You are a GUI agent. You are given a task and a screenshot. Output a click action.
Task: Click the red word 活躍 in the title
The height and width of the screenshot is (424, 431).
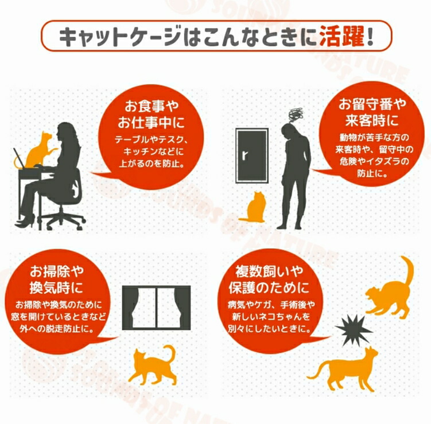click(x=342, y=36)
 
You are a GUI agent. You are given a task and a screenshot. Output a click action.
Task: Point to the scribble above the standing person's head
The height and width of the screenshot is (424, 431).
click(x=296, y=115)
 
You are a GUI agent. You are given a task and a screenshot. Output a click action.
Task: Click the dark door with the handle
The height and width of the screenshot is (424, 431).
click(x=252, y=155)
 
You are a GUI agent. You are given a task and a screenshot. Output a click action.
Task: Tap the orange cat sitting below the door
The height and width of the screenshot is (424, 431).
click(x=254, y=207)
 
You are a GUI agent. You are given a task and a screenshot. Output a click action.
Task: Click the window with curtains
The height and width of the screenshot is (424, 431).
click(x=157, y=308)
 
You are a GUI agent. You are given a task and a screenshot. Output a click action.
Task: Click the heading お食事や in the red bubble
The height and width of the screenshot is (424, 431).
click(x=152, y=106)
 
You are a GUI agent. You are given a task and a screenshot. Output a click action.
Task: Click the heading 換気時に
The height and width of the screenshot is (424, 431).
click(x=56, y=287)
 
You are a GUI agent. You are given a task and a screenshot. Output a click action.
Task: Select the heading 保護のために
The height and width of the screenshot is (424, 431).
click(x=269, y=287)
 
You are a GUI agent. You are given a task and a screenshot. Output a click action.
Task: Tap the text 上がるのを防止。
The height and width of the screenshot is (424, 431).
click(x=152, y=164)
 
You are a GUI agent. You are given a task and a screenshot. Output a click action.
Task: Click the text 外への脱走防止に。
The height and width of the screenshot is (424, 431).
click(x=57, y=329)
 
